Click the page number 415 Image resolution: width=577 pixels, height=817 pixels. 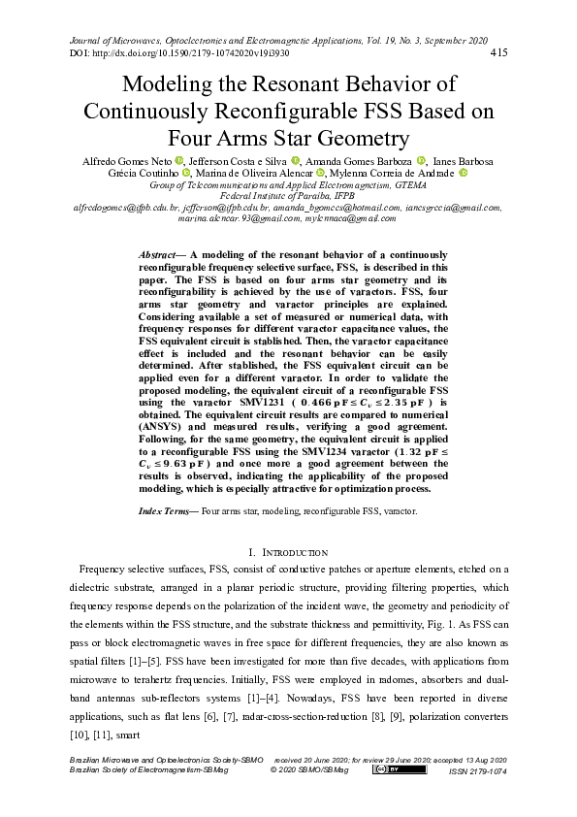[500, 52]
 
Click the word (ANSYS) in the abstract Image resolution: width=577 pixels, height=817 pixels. [165, 426]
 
